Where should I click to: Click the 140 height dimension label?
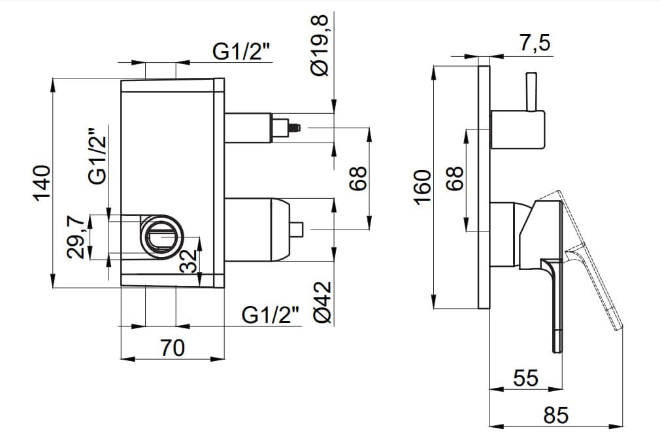[x=41, y=183]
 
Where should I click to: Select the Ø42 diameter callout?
[x=323, y=302]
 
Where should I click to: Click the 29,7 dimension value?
[x=76, y=239]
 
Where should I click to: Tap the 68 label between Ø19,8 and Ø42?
[x=358, y=178]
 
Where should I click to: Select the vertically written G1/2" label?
[x=97, y=156]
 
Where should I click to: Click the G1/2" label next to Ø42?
[x=271, y=315]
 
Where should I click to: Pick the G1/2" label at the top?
[x=242, y=52]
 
